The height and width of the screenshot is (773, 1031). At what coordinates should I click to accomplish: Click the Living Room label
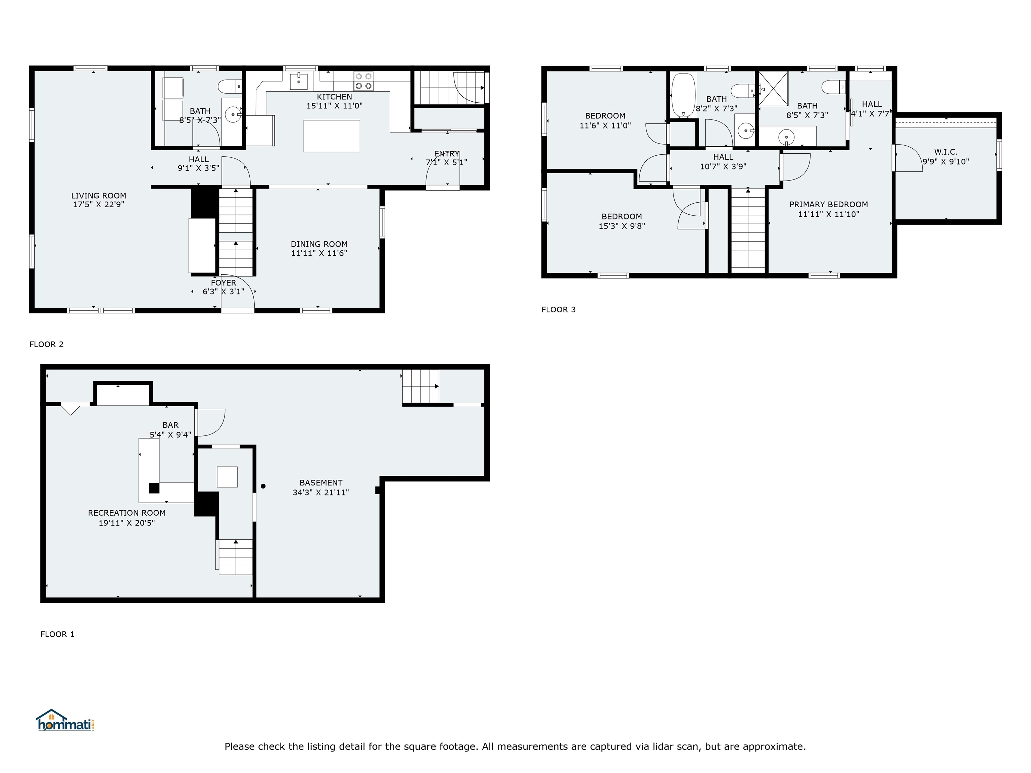(99, 196)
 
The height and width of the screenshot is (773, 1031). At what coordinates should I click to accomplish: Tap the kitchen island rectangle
(332, 136)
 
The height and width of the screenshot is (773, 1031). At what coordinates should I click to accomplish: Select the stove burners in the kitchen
(363, 81)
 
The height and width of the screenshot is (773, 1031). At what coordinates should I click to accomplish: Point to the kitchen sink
(299, 81)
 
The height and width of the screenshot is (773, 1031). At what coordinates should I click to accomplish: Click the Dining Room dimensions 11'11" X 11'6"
(319, 254)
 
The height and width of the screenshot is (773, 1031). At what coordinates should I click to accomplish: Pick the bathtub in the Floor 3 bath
(683, 95)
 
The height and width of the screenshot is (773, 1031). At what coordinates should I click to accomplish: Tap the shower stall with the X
(773, 89)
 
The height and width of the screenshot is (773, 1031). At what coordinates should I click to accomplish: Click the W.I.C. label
(946, 152)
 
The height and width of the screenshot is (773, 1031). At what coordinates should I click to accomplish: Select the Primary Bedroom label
(829, 205)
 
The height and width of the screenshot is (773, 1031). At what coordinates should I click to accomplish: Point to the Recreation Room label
(127, 513)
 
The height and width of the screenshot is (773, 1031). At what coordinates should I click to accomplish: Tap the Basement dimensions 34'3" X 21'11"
(321, 493)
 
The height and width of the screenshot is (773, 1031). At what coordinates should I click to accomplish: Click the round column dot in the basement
(263, 486)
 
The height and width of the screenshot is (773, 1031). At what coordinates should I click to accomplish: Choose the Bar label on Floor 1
(170, 425)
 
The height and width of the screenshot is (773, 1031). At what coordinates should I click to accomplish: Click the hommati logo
(65, 720)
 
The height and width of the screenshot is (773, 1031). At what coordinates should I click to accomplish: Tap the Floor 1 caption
(57, 634)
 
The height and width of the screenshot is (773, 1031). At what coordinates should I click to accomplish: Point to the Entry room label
(446, 154)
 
